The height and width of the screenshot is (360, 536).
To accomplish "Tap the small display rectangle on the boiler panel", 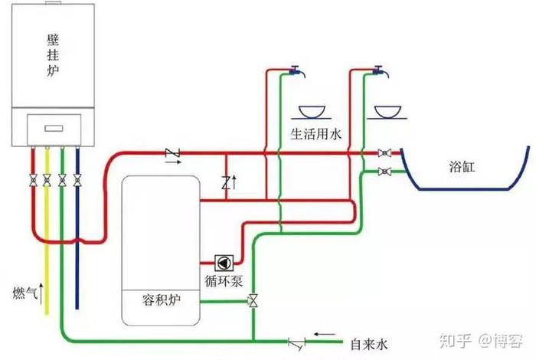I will point(52,129).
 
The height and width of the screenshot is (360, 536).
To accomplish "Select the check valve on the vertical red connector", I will point(226,182).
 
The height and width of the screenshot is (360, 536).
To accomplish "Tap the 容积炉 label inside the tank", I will point(161,298).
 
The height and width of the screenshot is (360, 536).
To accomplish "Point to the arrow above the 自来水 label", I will point(325,334).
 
